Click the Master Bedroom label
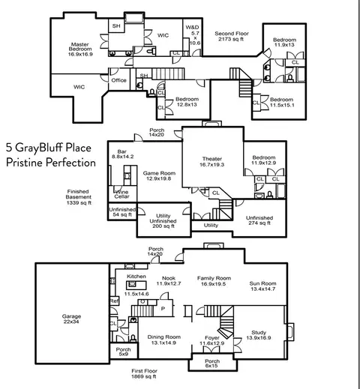80,49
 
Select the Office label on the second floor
118,80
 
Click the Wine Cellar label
121,194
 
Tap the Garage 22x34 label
71,319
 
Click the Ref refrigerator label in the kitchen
114,301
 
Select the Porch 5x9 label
124,352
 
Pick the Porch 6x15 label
212,364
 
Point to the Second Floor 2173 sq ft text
232,36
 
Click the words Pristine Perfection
51,163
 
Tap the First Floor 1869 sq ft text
144,373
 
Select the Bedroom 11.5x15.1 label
282,102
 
